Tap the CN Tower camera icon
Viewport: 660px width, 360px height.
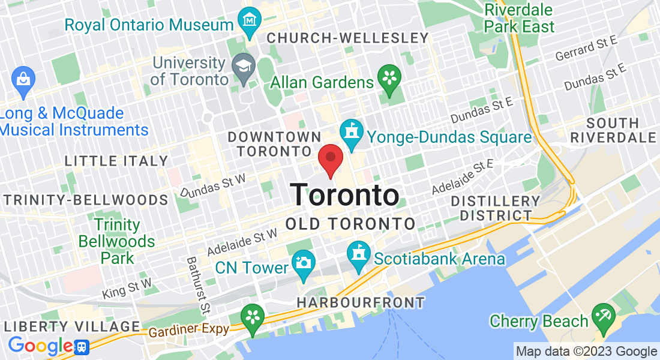pyautogui.click(x=304, y=264)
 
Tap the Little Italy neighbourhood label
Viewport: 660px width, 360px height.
pyautogui.click(x=116, y=161)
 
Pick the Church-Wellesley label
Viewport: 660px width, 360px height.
pyautogui.click(x=347, y=38)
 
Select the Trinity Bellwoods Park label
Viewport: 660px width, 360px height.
pyautogui.click(x=116, y=241)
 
